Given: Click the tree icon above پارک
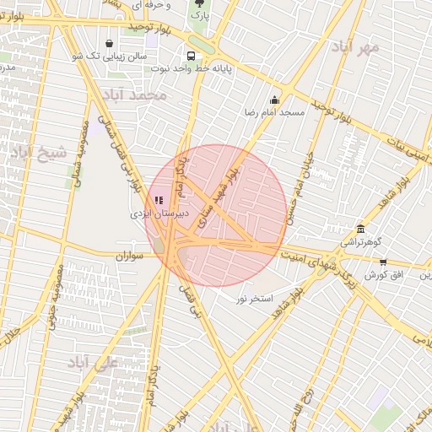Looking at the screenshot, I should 198,3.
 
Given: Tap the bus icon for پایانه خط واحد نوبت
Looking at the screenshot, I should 191,56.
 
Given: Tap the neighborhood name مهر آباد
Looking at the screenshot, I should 354,47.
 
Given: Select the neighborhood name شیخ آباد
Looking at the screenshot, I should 38,153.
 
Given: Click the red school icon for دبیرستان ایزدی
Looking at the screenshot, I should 159,200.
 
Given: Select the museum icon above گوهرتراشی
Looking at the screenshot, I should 361,229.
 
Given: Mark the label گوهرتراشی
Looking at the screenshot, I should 360,242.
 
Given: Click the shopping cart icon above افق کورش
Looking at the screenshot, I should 383,262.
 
